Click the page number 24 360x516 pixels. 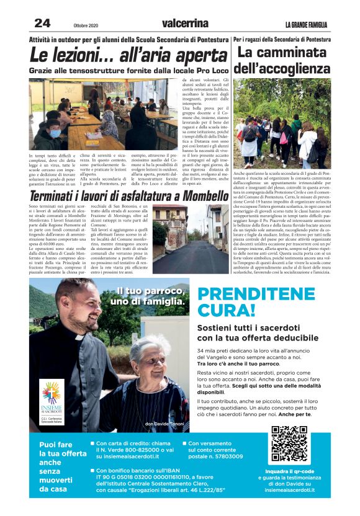pyautogui.click(x=42, y=24)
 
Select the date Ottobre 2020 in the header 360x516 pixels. pyautogui.click(x=86, y=25)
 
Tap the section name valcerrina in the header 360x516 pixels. pyautogui.click(x=184, y=24)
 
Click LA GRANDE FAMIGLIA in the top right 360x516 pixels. pyautogui.click(x=306, y=25)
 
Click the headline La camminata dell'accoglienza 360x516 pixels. pyautogui.click(x=284, y=60)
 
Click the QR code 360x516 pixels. pyautogui.click(x=290, y=445)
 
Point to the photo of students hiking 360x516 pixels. pyautogui.click(x=282, y=122)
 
